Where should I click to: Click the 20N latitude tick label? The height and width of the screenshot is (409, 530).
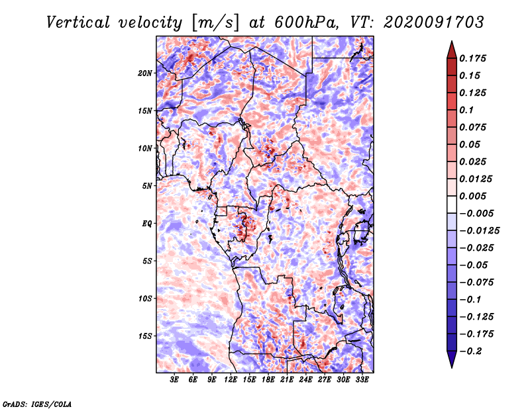145,73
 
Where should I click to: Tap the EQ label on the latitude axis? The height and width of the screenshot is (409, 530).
147,224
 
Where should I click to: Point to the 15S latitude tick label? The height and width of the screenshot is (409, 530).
145,336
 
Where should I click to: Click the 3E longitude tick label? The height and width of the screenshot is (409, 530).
175,379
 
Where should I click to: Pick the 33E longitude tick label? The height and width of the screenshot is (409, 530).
362,379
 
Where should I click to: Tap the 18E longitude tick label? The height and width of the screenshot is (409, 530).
268,379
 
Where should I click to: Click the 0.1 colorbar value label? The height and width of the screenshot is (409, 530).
466,110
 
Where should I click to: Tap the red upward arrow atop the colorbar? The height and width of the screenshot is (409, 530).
450,48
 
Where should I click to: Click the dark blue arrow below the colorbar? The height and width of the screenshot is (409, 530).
450,360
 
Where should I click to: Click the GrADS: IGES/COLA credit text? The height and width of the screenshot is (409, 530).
36,403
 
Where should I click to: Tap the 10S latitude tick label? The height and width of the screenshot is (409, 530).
145,298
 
